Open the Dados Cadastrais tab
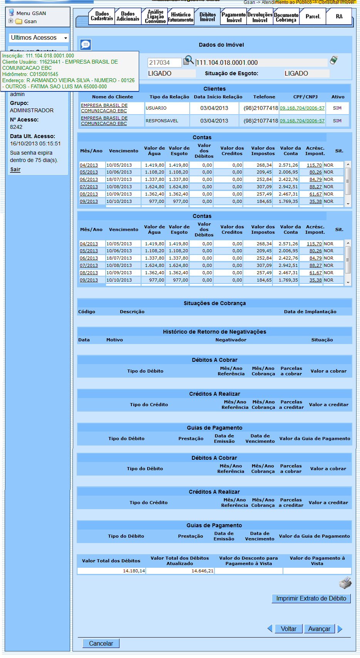tap(102, 16)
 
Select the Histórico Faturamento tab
tap(181, 17)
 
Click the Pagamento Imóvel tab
tap(234, 17)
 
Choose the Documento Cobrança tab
tap(286, 17)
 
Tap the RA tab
tap(339, 17)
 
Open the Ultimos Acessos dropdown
tap(39, 38)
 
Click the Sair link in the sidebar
tap(15, 169)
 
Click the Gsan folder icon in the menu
tap(19, 22)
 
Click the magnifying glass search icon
tap(188, 61)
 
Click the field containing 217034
tap(165, 62)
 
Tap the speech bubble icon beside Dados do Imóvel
tap(86, 45)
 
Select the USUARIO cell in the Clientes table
tap(167, 108)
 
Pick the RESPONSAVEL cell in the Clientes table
tap(167, 121)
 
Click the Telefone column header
tap(264, 97)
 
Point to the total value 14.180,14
tap(111, 571)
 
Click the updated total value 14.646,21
tap(180, 571)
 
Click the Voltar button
tap(288, 629)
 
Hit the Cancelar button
tap(101, 643)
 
